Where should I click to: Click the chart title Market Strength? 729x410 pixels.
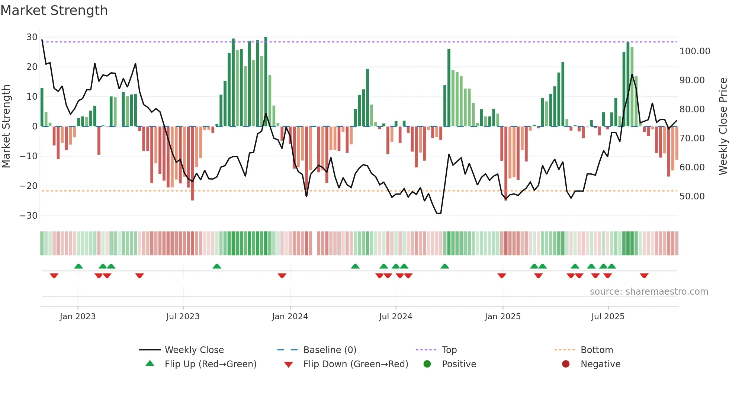pos(54,10)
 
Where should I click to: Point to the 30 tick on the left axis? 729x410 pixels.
pos(32,37)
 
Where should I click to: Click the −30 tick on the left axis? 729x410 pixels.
pos(29,216)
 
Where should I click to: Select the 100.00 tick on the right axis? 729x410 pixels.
pos(695,51)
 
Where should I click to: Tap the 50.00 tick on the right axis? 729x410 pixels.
pos(692,196)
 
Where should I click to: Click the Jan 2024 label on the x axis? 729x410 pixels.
pos(290,317)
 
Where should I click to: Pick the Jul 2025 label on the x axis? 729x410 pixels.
pos(608,317)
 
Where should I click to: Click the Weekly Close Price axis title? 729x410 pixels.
pos(723,126)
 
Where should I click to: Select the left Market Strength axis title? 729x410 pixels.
pos(6,126)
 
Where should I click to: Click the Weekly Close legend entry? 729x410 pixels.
pos(194,350)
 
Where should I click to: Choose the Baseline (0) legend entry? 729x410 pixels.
pos(330,350)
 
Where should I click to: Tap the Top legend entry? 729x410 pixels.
pos(449,350)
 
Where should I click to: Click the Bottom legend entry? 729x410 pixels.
pos(597,350)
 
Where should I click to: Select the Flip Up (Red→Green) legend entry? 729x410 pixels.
pos(211,364)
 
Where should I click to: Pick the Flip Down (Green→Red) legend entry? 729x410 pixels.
pos(356,364)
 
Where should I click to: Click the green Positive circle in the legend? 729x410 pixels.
pos(427,364)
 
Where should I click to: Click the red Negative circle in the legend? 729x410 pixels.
pos(566,364)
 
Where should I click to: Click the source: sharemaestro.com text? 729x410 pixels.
pos(649,292)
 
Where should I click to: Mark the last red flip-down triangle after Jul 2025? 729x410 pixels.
pos(644,276)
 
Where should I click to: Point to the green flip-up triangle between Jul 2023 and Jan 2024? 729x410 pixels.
pos(217,266)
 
